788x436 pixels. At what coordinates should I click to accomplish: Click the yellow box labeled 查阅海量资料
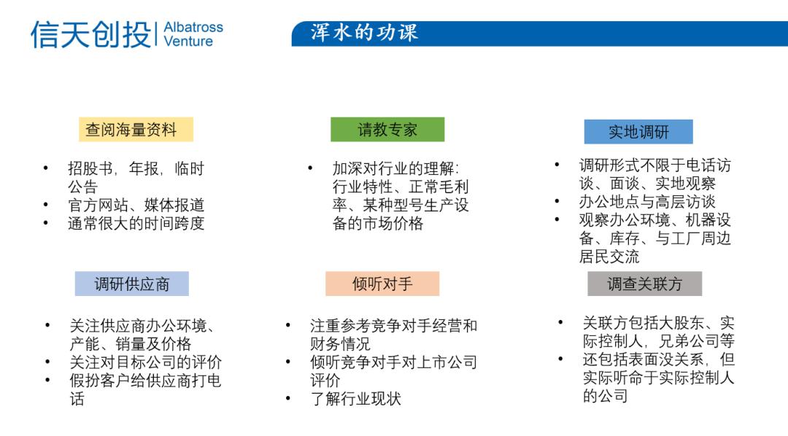coord(136,130)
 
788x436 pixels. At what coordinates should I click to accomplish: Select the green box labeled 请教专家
coord(387,130)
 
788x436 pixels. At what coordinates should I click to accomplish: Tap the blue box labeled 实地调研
coord(638,132)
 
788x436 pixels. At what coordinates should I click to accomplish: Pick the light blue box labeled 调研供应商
coord(131,284)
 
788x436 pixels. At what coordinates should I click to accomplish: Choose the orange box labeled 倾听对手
coord(382,284)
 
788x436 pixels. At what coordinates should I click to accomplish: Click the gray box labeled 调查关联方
coord(645,284)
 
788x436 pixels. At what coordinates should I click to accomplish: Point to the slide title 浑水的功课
coord(364,33)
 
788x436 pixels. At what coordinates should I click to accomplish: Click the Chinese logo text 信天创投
coord(91,35)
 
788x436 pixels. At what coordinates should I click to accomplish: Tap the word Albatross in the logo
coord(193,27)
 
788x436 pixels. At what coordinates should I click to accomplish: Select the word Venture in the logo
coord(188,41)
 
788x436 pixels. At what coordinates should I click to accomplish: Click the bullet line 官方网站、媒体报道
coord(136,205)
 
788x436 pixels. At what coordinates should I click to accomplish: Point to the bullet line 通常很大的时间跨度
coord(136,224)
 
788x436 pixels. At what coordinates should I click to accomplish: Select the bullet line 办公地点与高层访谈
coord(647,201)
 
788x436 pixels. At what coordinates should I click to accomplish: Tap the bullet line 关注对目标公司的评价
coord(146,362)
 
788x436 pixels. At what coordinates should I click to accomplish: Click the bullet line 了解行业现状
coord(356,399)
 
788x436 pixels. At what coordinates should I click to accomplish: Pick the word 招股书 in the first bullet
coord(90,168)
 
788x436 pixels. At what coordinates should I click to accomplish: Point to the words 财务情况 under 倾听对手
coord(340,344)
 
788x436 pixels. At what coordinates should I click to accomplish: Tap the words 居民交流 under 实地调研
coord(609,257)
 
